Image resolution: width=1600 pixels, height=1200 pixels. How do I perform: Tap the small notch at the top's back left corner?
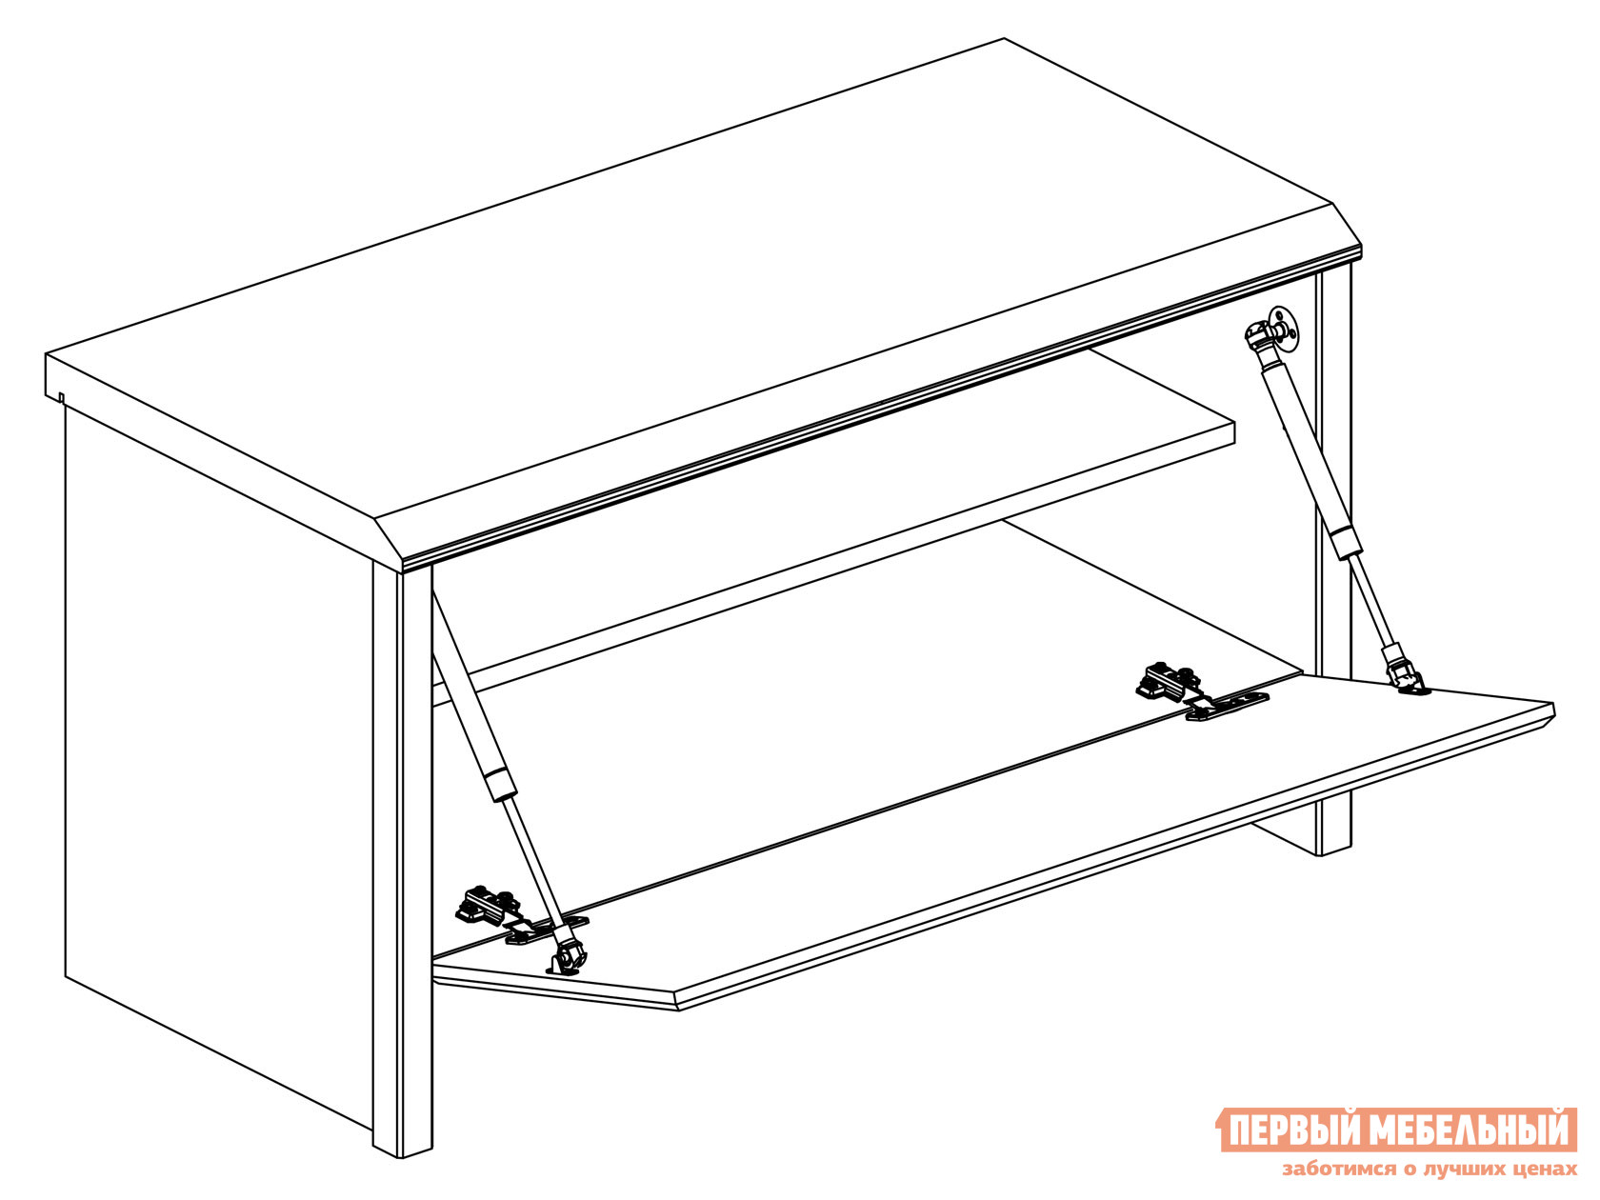pyautogui.click(x=62, y=398)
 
